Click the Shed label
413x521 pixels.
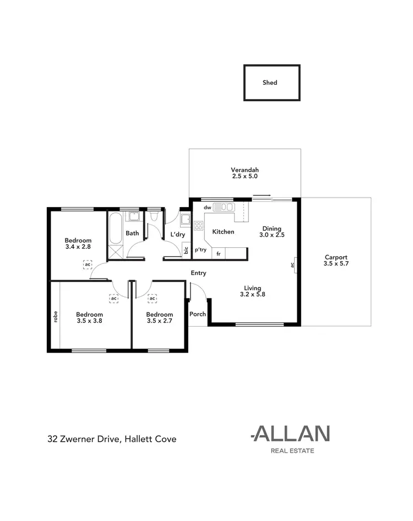[x=270, y=83]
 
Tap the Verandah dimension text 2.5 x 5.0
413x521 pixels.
[x=245, y=177]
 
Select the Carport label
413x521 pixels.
[x=336, y=257]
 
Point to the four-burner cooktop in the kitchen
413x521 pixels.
[x=198, y=226]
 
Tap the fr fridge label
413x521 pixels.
[x=219, y=253]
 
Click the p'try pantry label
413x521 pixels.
[x=200, y=249]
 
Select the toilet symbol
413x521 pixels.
[x=154, y=218]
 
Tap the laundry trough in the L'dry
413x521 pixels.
[x=186, y=222]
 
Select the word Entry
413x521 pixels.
[x=198, y=273]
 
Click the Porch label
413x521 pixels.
[x=197, y=314]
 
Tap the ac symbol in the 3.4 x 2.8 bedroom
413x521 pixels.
[x=87, y=265]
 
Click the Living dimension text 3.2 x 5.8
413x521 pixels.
[x=253, y=295]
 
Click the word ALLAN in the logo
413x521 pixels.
[x=290, y=435]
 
